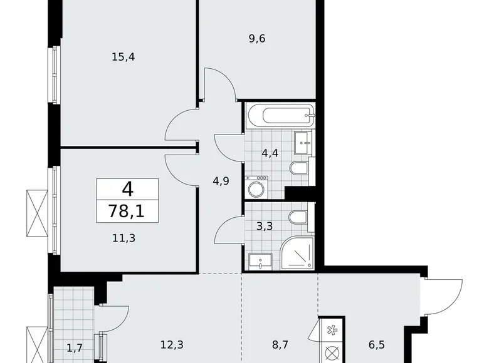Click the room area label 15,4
point(123,57)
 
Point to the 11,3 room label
point(123,237)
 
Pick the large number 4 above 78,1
point(128,189)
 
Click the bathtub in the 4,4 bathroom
point(280,115)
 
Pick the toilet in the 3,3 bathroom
point(297,218)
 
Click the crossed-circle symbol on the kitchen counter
point(331,352)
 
